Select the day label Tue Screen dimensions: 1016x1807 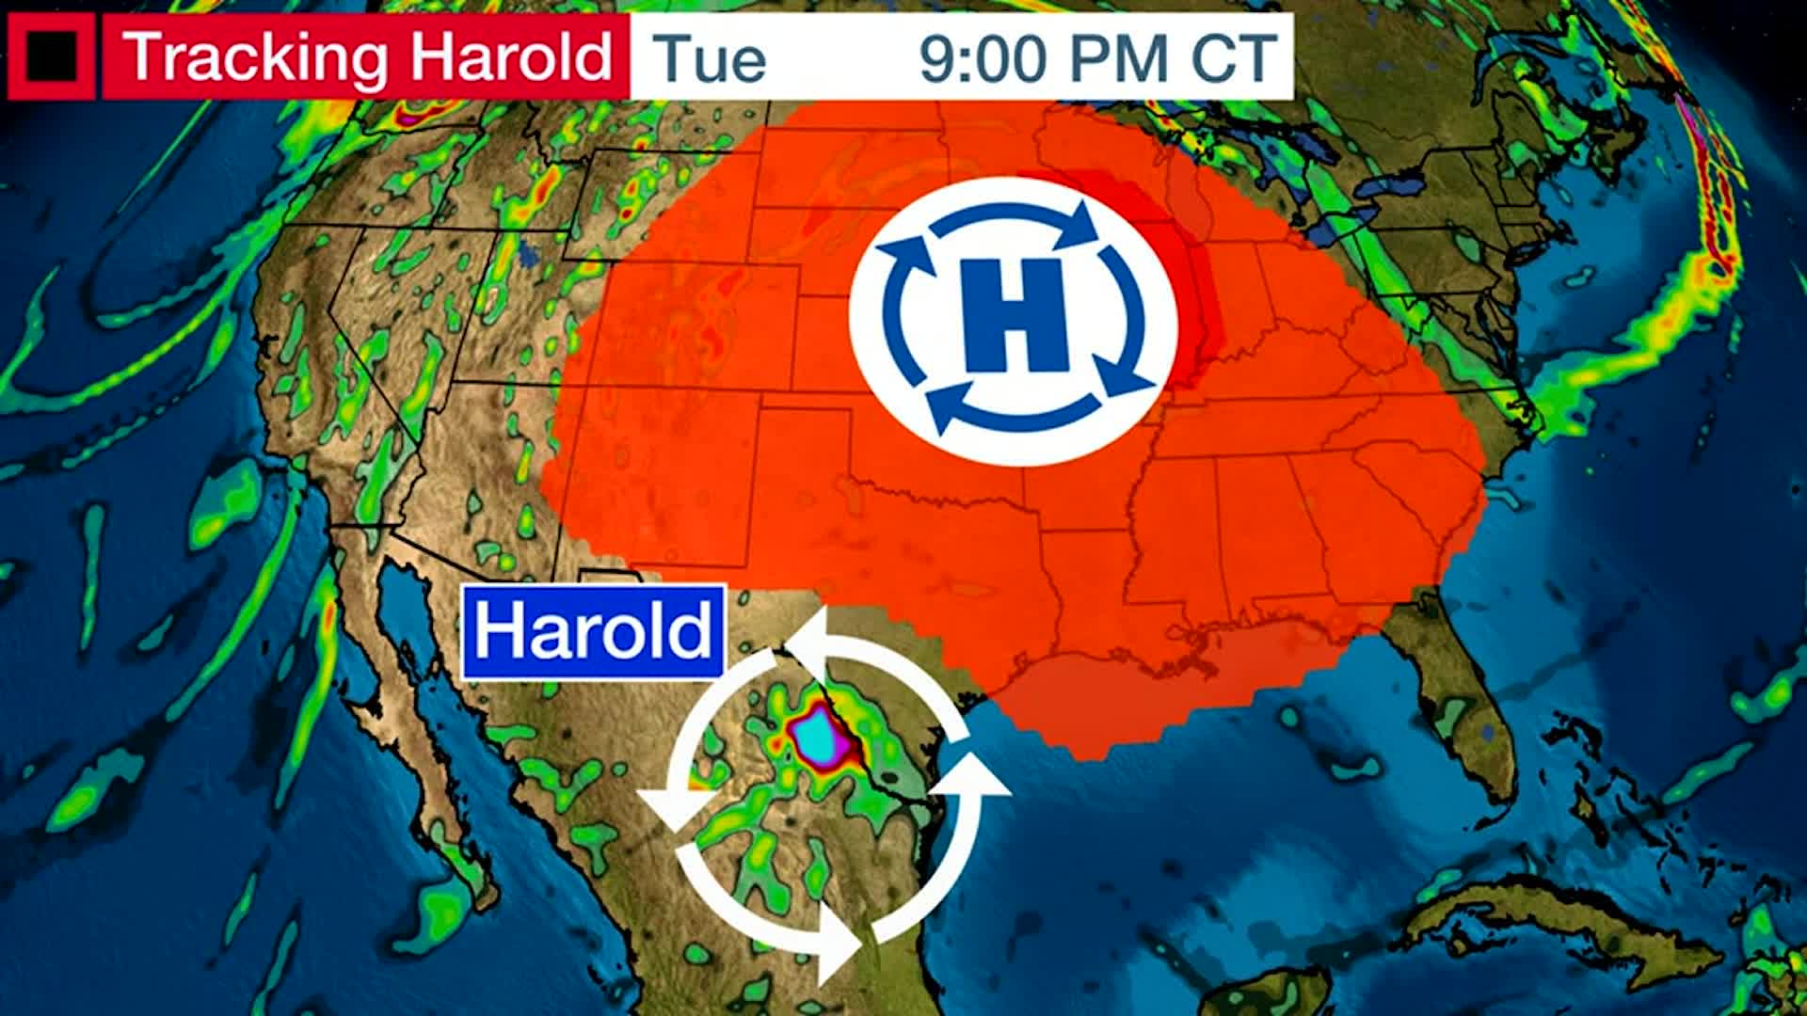click(x=710, y=58)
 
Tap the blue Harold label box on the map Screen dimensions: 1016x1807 click(x=593, y=631)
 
